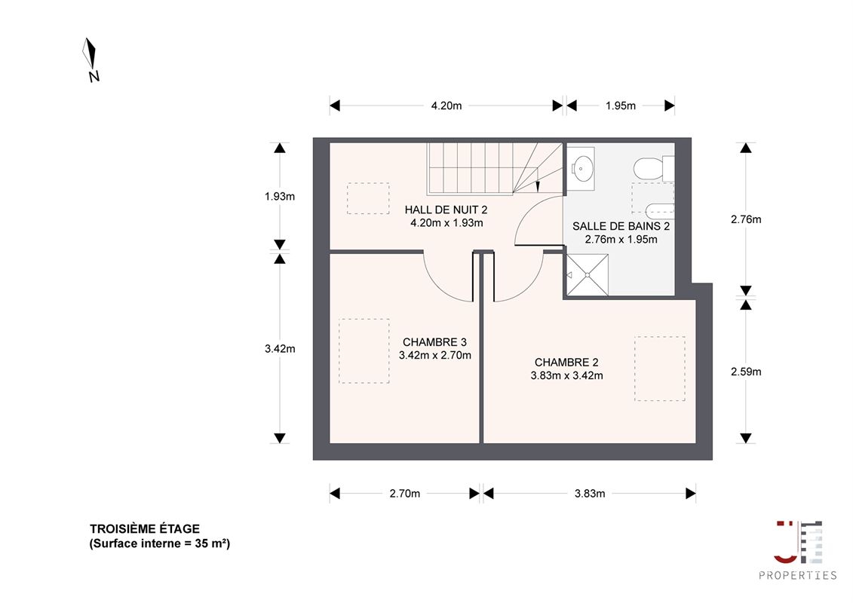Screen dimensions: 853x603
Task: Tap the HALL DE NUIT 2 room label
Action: (446, 210)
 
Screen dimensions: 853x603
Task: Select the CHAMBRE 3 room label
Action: (434, 342)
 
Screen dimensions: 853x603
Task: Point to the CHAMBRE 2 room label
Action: (566, 362)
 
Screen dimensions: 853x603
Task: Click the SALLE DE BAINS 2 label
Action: (621, 226)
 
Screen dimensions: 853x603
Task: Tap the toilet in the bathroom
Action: (654, 168)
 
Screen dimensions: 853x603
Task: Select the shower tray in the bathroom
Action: (588, 275)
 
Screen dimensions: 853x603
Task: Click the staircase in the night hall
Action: (495, 168)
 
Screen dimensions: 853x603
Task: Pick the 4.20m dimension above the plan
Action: (446, 106)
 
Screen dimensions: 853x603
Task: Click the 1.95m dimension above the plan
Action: (621, 106)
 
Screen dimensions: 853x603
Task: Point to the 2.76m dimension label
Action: (746, 219)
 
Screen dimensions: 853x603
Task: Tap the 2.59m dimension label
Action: (746, 372)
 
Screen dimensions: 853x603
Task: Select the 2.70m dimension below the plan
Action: (405, 494)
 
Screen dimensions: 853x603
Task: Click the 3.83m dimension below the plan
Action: (590, 494)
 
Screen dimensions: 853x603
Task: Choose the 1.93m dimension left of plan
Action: (280, 196)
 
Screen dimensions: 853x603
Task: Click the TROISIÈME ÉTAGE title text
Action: (145, 528)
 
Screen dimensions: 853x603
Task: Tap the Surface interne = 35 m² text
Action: (160, 543)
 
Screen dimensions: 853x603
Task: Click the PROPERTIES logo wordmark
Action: (797, 575)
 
